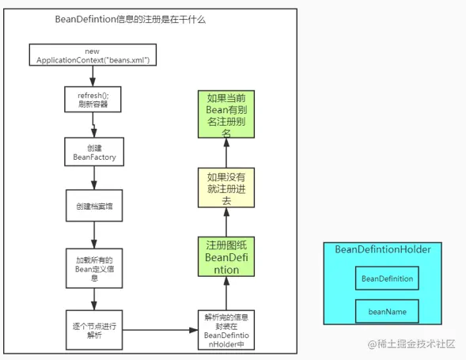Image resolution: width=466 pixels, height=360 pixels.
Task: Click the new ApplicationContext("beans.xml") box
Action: pyautogui.click(x=93, y=55)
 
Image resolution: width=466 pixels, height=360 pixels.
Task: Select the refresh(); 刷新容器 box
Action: pyautogui.click(x=93, y=100)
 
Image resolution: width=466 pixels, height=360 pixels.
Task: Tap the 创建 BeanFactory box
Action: pyautogui.click(x=93, y=152)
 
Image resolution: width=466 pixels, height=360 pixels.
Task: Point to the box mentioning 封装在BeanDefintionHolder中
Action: pyautogui.click(x=225, y=329)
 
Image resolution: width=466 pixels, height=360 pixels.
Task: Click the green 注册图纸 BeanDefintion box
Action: pyautogui.click(x=225, y=256)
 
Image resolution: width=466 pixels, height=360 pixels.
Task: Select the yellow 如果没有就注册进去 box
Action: pyautogui.click(x=225, y=188)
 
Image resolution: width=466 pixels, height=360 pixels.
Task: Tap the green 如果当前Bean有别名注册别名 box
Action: pyautogui.click(x=225, y=116)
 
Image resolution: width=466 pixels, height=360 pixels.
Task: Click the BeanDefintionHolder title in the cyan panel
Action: pyautogui.click(x=382, y=249)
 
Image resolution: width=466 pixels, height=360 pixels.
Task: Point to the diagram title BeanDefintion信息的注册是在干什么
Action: pyautogui.click(x=131, y=20)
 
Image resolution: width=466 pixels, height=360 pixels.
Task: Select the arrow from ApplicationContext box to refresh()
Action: pyautogui.click(x=93, y=75)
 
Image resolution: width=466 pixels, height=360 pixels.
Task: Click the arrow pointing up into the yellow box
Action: pyautogui.click(x=225, y=222)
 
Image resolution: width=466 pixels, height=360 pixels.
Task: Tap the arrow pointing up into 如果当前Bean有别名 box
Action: pyautogui.click(x=225, y=155)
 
